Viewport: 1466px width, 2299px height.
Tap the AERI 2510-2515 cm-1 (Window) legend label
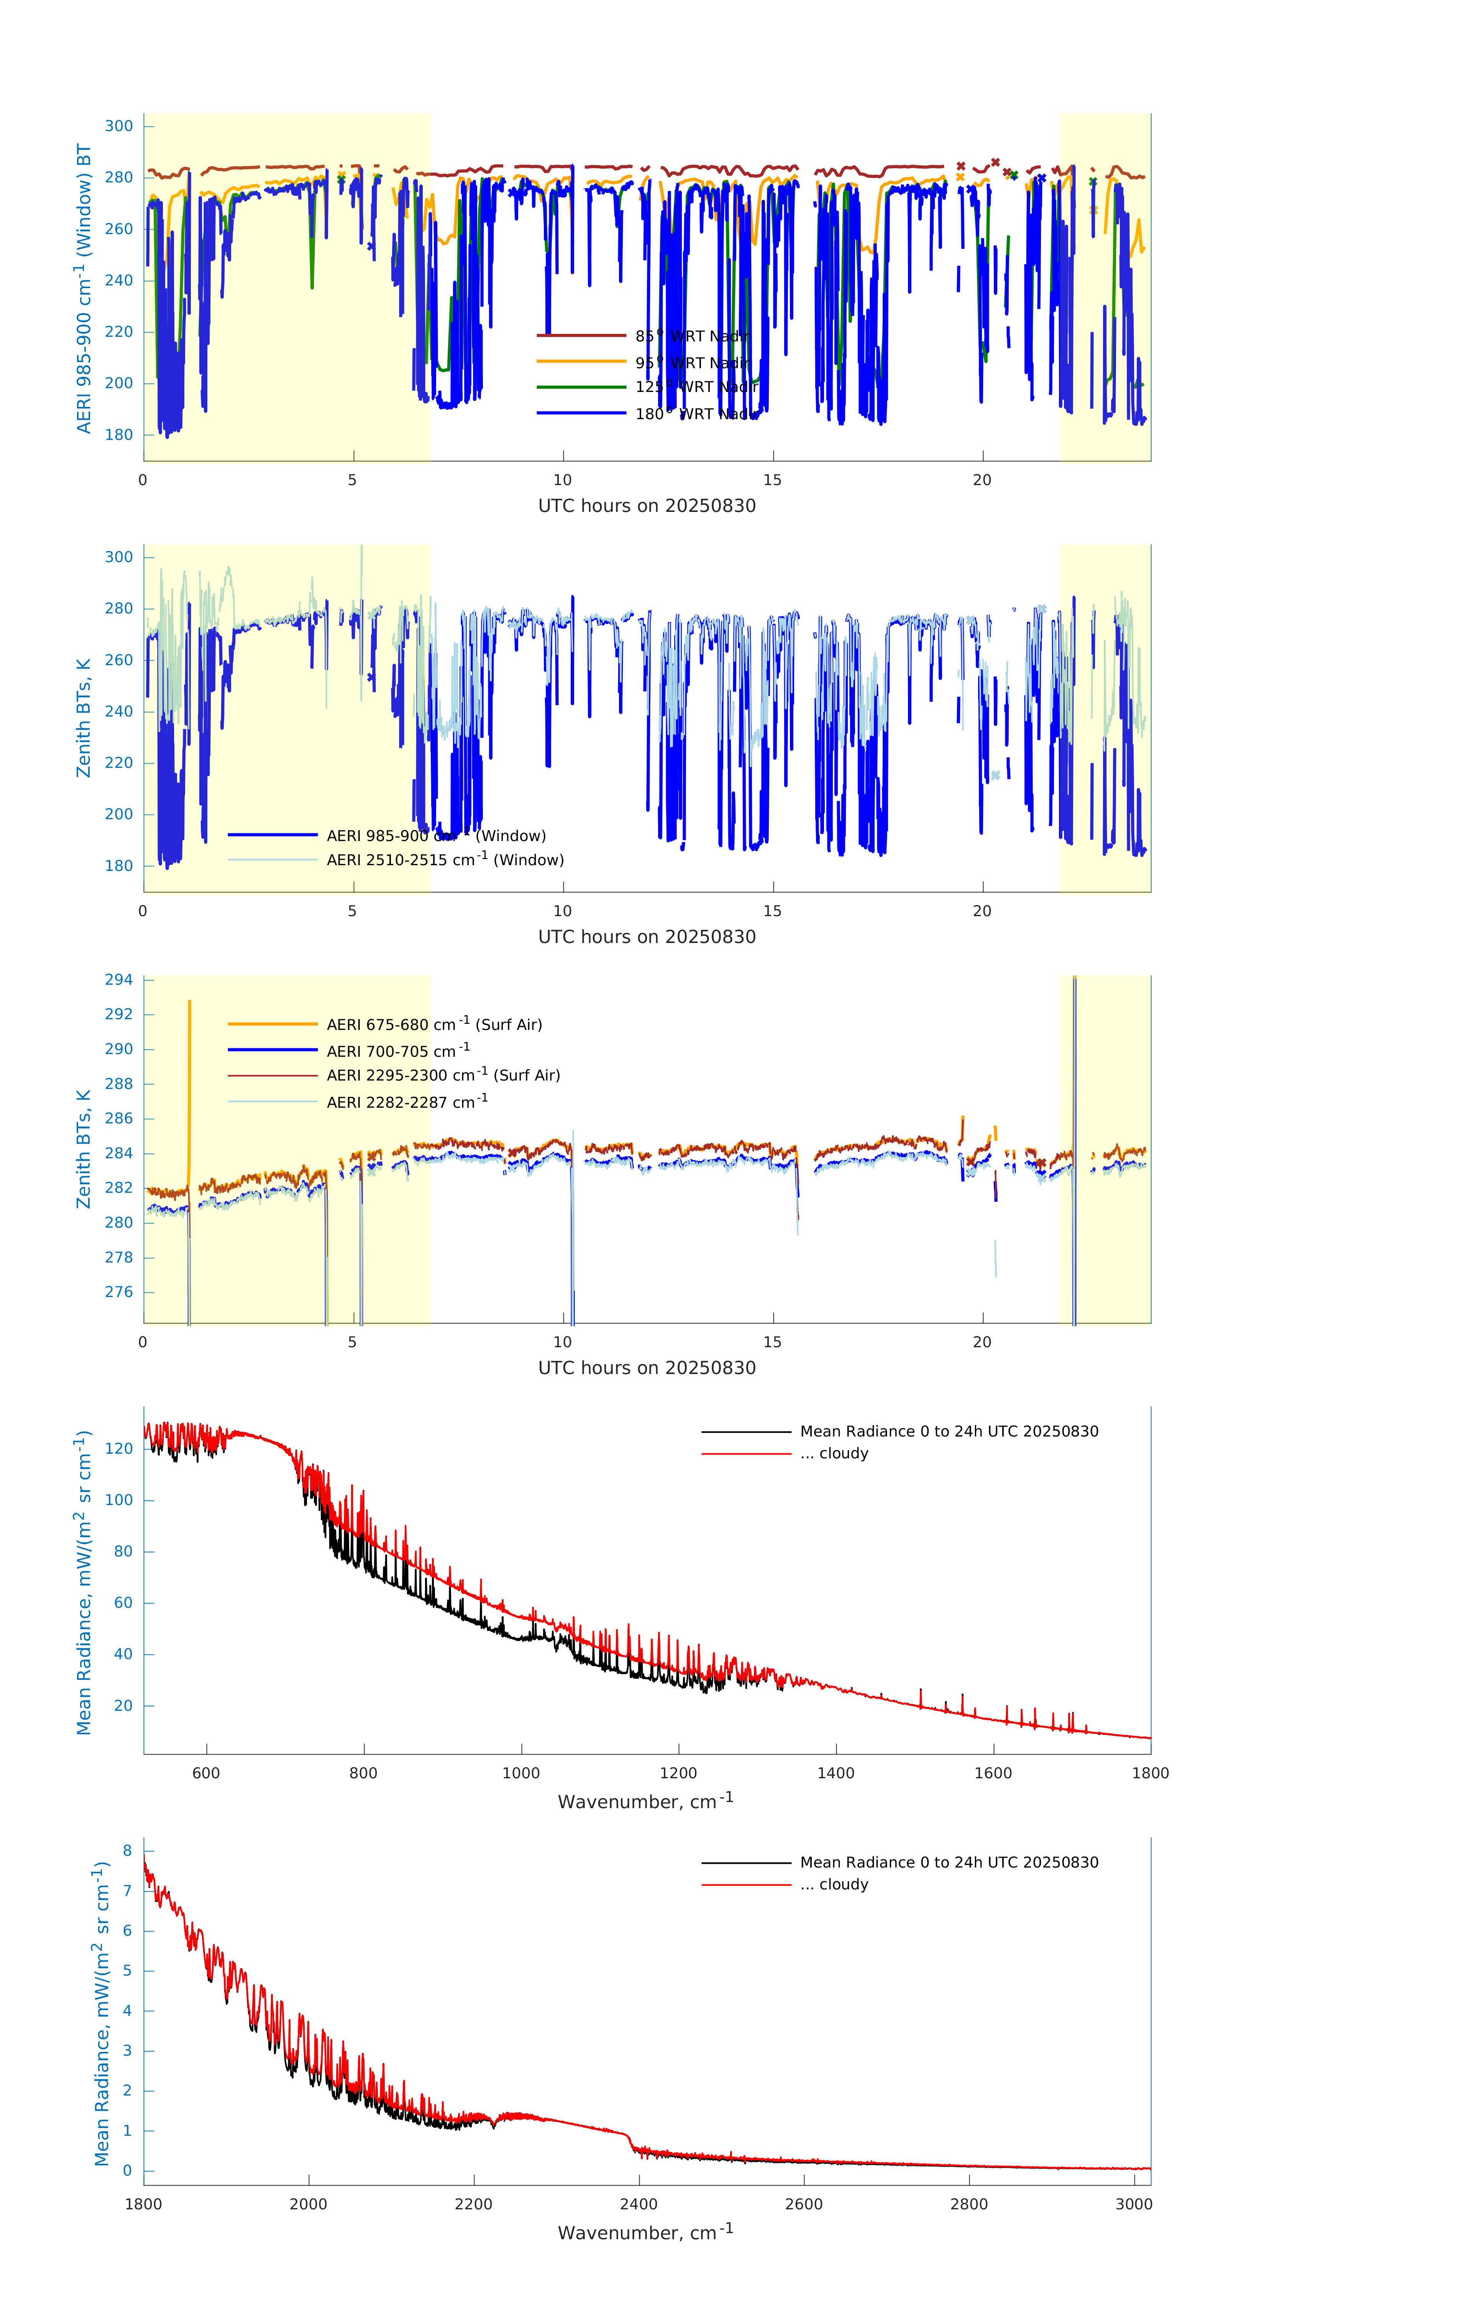coord(445,860)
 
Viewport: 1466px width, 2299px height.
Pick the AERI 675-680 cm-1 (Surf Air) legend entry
coord(433,1025)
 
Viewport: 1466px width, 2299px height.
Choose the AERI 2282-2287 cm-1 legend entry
coord(407,1102)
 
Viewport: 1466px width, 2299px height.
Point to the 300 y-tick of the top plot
coord(119,126)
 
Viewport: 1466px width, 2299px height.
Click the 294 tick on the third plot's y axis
coord(119,979)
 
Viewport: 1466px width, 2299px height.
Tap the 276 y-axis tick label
coord(119,1292)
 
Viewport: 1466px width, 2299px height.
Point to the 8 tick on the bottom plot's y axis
coord(127,1850)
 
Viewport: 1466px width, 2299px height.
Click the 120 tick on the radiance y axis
coord(119,1448)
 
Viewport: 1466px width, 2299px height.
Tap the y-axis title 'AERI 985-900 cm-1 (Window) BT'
coord(84,288)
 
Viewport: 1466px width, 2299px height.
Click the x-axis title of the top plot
coord(647,506)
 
